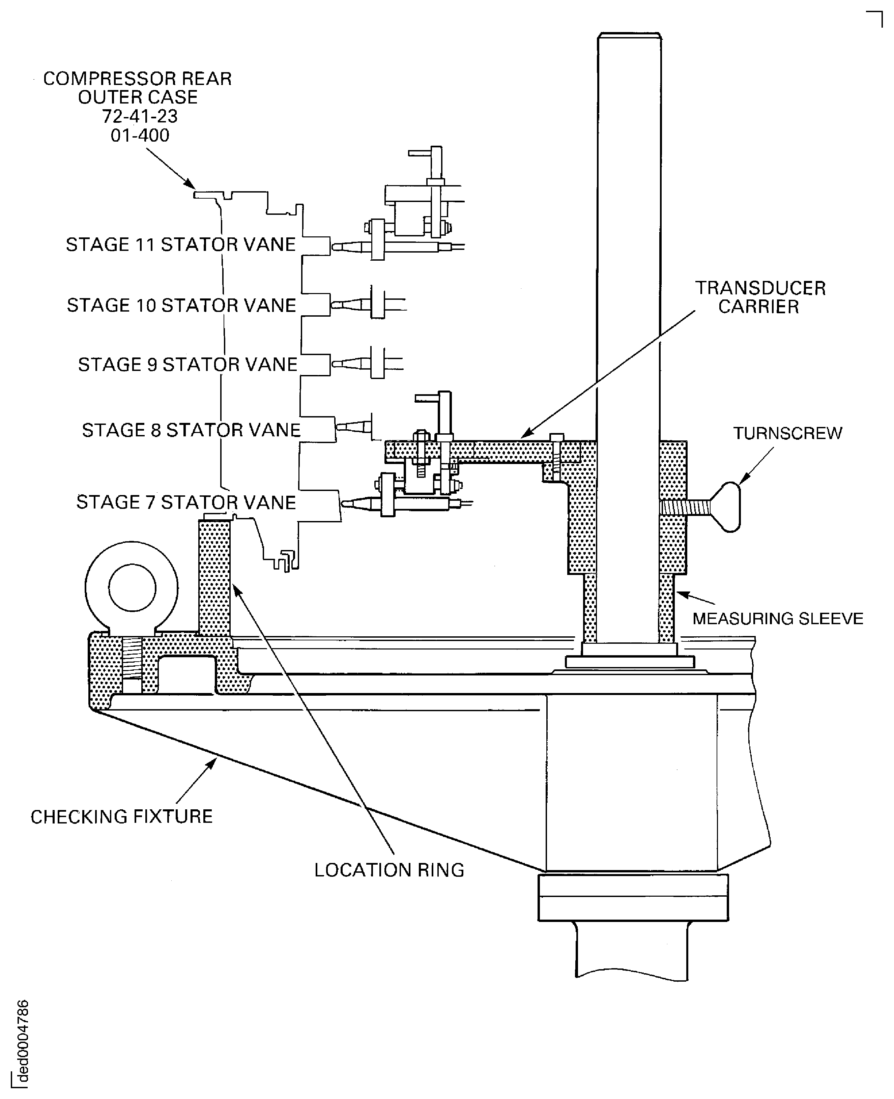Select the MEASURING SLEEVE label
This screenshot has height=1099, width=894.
pos(778,618)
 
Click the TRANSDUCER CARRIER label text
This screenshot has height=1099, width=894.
pos(760,297)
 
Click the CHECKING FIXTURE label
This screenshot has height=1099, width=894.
pos(121,817)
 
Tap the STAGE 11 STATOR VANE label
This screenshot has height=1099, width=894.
pos(181,244)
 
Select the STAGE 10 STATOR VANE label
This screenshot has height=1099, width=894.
pos(181,306)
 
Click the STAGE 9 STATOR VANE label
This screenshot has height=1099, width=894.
pos(188,365)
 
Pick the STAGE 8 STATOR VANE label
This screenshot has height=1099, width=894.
pos(191,430)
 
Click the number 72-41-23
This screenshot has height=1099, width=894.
pos(140,116)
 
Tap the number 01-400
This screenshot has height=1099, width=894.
pos(140,136)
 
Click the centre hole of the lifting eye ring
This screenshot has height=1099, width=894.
pos(132,588)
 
